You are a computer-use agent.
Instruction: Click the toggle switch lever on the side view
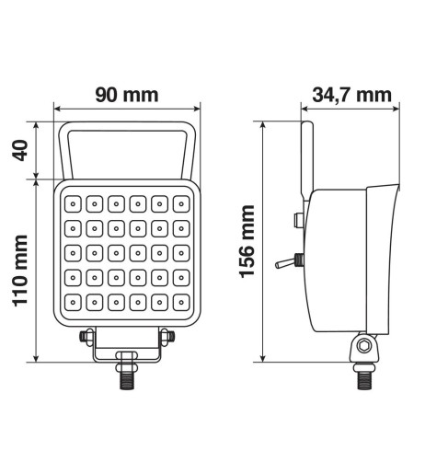[284, 263]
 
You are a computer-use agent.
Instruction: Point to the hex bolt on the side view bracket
[365, 345]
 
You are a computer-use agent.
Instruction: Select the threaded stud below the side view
[365, 375]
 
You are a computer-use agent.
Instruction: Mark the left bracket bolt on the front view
[85, 338]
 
